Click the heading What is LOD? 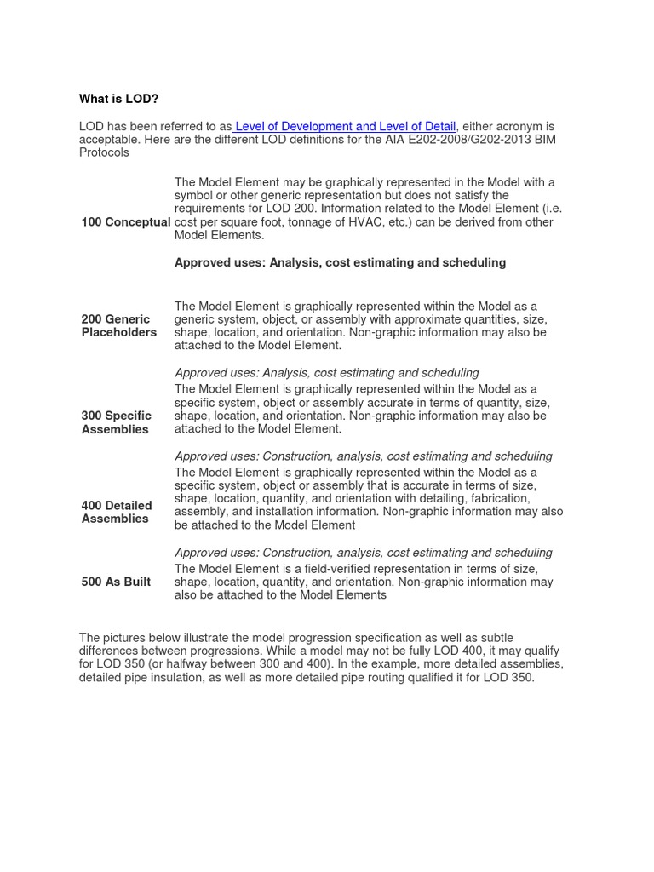[119, 99]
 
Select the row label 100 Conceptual [126, 222]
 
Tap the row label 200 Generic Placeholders [119, 325]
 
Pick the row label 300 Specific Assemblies [117, 422]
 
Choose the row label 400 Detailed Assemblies [117, 512]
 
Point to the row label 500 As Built [116, 582]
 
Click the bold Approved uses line [340, 262]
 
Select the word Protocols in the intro [104, 152]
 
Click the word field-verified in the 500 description [330, 569]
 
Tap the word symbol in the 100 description [193, 195]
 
